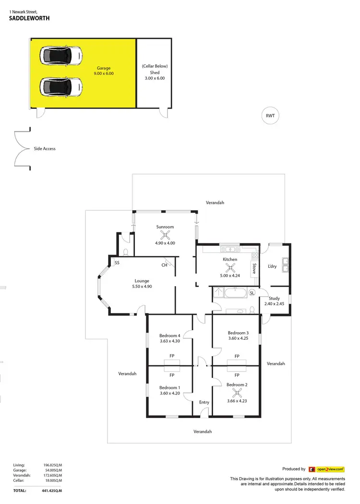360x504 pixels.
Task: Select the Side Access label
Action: point(45,149)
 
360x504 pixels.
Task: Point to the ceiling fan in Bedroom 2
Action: point(236,393)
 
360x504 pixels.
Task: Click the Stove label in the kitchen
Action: point(254,268)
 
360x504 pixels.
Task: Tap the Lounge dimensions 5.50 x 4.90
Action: point(142,287)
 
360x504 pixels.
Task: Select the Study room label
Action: point(274,298)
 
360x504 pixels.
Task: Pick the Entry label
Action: point(204,402)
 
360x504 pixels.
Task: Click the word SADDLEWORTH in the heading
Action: point(29,19)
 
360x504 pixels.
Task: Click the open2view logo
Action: point(327,469)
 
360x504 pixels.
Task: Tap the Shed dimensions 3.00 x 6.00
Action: point(154,78)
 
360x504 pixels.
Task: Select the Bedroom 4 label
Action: point(169,336)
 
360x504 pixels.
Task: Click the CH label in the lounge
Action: point(164,264)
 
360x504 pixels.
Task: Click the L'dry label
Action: point(272,266)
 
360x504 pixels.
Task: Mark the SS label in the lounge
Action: point(117,263)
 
